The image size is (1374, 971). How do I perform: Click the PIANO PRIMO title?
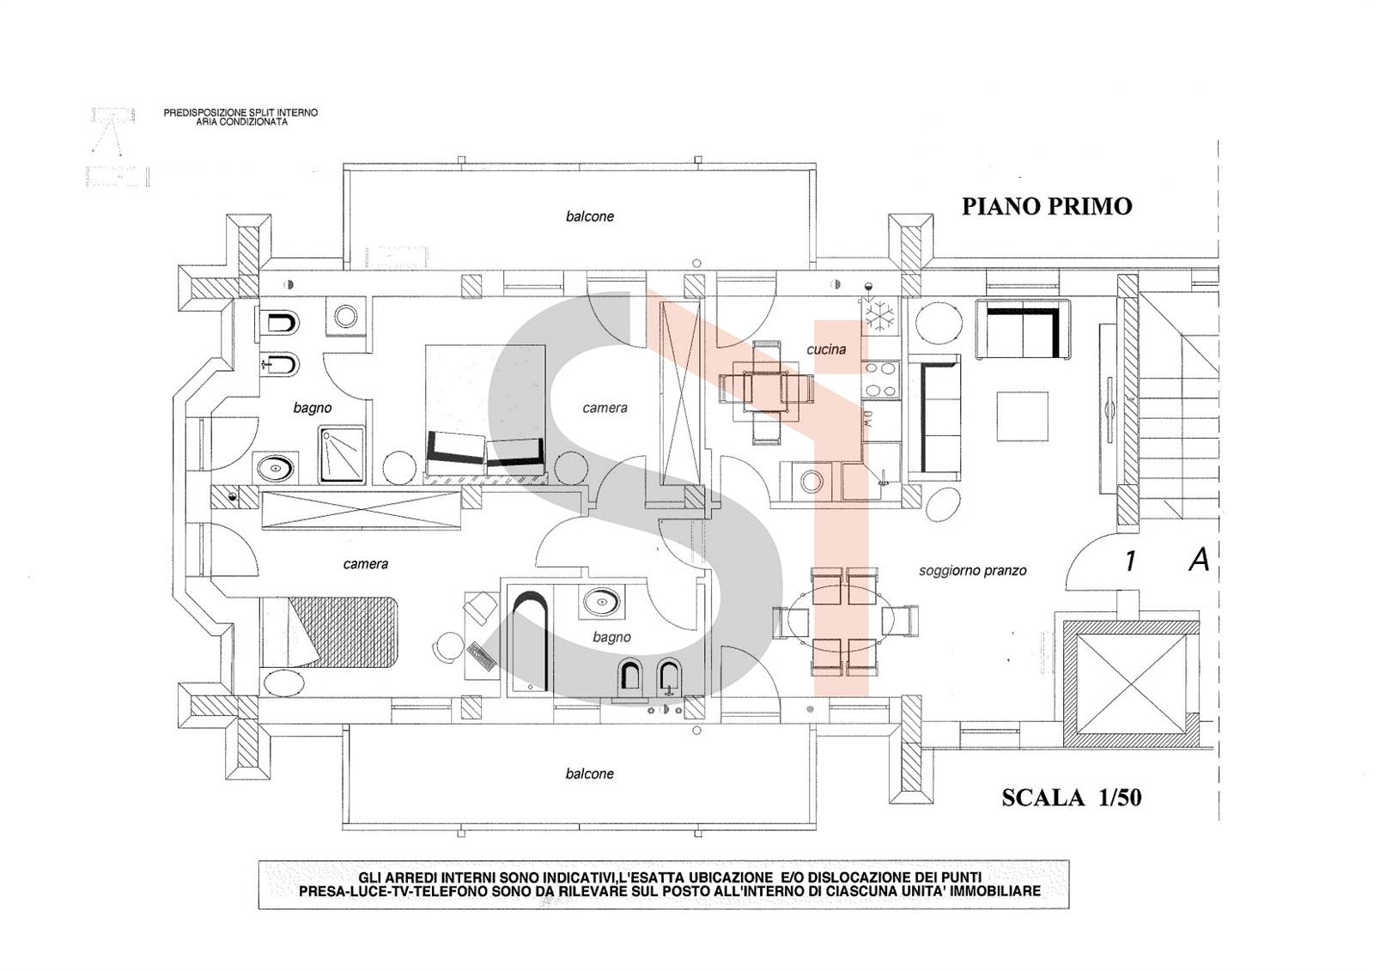point(1047,207)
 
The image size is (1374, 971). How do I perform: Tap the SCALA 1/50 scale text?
point(1072,798)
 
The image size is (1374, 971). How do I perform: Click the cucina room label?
point(825,349)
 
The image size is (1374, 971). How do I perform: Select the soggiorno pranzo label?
point(972,571)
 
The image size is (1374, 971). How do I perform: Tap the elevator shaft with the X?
point(1131,683)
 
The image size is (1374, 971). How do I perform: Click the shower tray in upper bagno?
point(342,454)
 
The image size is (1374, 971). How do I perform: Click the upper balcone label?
point(589,216)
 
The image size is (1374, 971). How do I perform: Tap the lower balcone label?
point(589,774)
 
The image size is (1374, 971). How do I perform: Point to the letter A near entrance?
point(1199,560)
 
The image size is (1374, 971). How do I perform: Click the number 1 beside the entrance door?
point(1129,561)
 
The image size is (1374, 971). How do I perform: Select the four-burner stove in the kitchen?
point(880,379)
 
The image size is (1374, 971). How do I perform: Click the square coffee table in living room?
point(1022,416)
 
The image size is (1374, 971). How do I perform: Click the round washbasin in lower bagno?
point(601,602)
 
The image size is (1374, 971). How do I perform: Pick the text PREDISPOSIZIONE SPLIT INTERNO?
point(240,112)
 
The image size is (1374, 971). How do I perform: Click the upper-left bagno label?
point(313,408)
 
